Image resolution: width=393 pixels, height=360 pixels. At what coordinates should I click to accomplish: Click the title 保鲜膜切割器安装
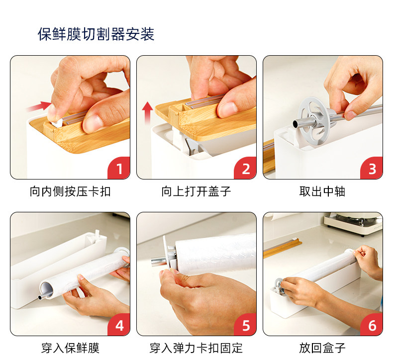[96, 34]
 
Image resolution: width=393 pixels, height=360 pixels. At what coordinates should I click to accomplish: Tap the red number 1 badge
[119, 168]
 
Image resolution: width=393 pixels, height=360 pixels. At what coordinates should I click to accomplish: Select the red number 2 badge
[246, 168]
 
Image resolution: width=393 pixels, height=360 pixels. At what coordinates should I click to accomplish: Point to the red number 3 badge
[372, 168]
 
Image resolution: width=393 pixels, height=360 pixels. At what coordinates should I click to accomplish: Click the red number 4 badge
[119, 325]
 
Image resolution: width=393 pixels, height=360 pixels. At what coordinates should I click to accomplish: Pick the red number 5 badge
[246, 325]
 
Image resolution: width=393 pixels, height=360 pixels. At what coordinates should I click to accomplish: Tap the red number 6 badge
[372, 325]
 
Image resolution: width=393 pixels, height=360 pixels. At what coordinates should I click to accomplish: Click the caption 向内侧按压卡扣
[70, 191]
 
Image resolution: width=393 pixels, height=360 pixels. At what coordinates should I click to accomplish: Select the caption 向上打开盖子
[196, 191]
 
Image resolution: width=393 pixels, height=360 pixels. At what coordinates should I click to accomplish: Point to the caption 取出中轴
[322, 191]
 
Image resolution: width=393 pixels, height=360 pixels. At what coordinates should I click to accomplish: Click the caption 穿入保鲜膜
[70, 348]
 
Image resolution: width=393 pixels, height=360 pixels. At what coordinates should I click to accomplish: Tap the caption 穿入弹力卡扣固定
[196, 348]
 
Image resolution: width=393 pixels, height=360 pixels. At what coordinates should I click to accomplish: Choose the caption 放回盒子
[322, 348]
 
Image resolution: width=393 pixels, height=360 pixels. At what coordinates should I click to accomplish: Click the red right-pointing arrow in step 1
[39, 106]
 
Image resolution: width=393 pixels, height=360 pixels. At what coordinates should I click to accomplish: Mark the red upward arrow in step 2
[147, 113]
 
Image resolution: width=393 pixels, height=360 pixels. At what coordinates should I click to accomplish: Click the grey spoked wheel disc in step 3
[313, 121]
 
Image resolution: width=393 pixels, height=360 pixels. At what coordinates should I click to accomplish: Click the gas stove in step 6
[353, 224]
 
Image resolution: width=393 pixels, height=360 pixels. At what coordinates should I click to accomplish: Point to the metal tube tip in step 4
[40, 297]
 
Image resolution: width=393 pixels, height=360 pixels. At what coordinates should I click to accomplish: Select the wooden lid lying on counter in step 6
[282, 249]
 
